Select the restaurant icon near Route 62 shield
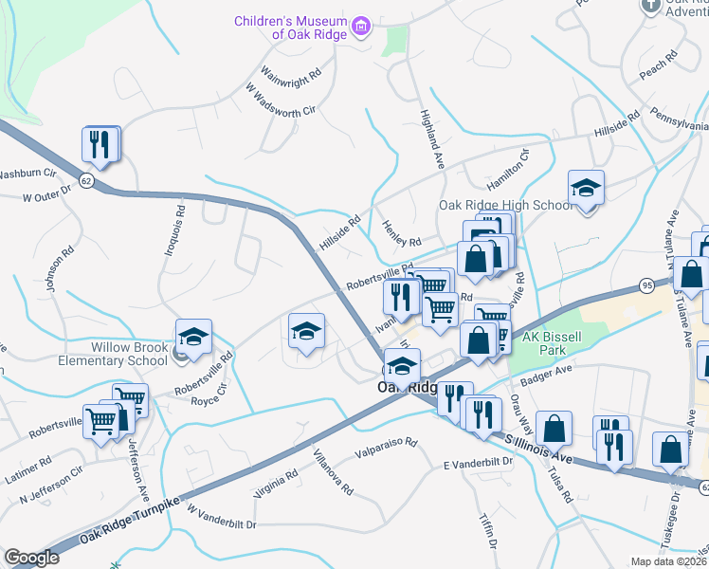pos(100,145)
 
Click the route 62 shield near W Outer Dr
pos(87,180)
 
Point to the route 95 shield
pos(647,284)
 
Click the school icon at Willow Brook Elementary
pos(193,338)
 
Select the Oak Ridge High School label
pos(504,205)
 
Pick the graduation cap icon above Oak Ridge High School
pos(586,189)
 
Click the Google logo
pos(32,558)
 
